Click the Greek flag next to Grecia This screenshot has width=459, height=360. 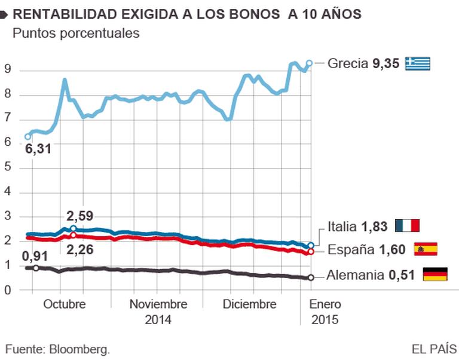click(418, 63)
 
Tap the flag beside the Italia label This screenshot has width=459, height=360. click(408, 226)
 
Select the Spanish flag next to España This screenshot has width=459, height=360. click(426, 249)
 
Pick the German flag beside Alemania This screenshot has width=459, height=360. click(435, 275)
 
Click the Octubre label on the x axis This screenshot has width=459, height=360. click(65, 304)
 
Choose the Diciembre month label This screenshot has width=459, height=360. click(249, 304)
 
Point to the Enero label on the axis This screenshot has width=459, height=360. click(325, 304)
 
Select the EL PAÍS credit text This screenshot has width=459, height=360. click(434, 348)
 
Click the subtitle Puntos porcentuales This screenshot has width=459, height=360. click(76, 33)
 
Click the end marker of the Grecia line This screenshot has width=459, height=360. click(310, 63)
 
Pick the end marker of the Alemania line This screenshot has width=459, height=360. click(310, 277)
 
